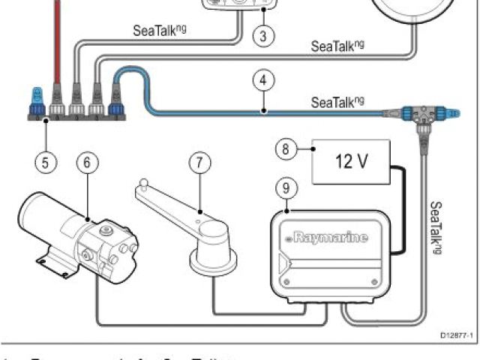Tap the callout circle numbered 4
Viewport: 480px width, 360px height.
pos(261,79)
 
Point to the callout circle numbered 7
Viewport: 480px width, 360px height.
pos(199,162)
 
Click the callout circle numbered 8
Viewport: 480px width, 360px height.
pos(285,150)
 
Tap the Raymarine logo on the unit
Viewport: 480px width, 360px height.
pos(325,239)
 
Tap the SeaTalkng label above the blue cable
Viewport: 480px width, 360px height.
pos(337,102)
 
